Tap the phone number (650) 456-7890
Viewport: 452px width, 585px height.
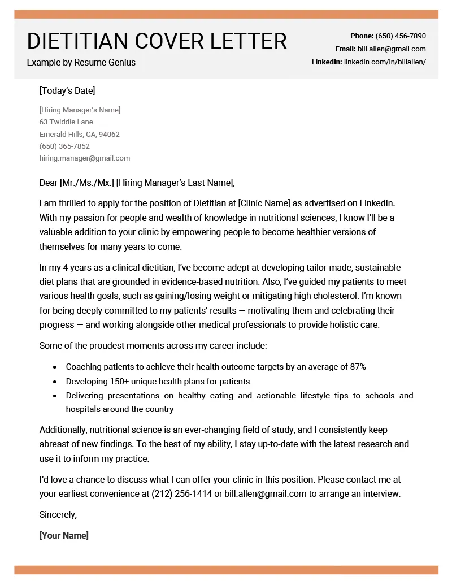click(401, 36)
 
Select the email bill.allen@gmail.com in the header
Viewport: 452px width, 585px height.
click(392, 49)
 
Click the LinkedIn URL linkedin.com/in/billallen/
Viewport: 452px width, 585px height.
click(385, 62)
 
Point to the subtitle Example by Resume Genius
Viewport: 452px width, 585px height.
click(81, 62)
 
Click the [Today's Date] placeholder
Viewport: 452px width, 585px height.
click(67, 90)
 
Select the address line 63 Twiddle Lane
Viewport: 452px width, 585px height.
click(66, 122)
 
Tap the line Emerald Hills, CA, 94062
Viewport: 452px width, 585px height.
click(79, 135)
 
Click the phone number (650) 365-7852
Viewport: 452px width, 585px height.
click(64, 146)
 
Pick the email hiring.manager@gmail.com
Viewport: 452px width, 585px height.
click(85, 158)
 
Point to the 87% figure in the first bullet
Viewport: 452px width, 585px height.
click(358, 367)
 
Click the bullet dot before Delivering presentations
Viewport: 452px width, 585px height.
click(54, 396)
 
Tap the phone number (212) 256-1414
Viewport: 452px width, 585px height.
click(181, 493)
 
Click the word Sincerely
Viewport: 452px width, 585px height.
click(58, 514)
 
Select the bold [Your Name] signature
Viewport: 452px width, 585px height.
click(64, 535)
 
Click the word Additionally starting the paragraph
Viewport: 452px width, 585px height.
click(63, 430)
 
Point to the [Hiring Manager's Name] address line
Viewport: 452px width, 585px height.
click(80, 110)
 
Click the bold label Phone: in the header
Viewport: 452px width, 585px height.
click(362, 36)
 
